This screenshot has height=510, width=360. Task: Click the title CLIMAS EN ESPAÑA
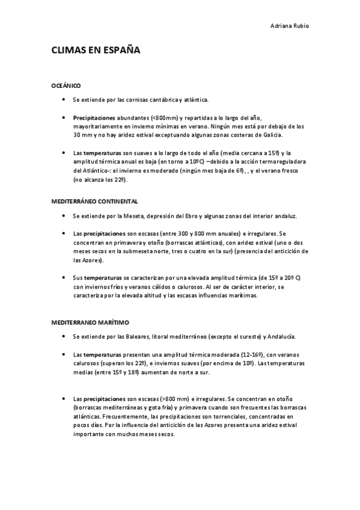(x=96, y=51)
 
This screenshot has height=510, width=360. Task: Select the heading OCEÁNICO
(x=66, y=86)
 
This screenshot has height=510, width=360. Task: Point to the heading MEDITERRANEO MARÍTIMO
(x=90, y=322)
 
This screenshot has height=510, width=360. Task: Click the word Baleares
(x=133, y=336)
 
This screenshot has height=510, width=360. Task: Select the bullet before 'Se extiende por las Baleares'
(x=63, y=336)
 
